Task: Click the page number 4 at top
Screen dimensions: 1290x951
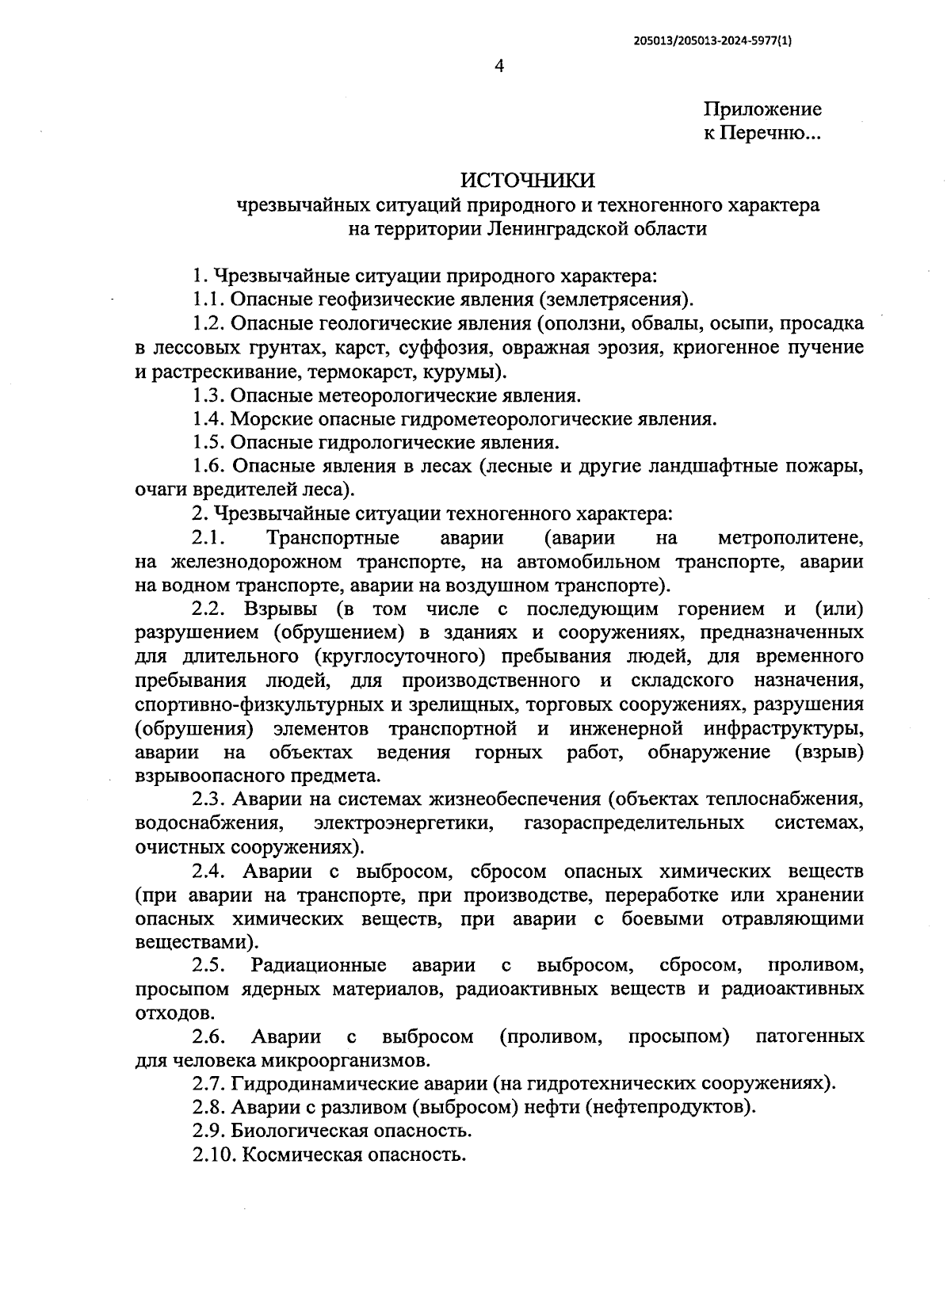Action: (x=498, y=67)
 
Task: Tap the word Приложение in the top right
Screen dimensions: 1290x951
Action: (x=762, y=109)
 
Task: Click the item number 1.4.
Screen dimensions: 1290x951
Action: (x=207, y=418)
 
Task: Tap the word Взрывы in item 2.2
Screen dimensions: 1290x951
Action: (x=281, y=609)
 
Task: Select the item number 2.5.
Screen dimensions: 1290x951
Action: (x=208, y=965)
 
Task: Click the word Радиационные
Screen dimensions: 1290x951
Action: (x=319, y=965)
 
